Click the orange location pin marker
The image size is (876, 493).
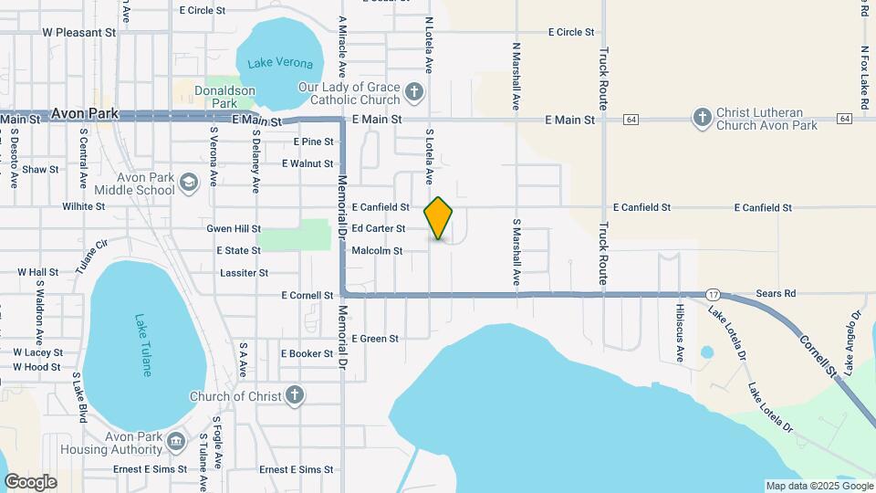point(439,218)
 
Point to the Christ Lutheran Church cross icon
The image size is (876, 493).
point(702,117)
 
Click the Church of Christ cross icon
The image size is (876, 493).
point(294,395)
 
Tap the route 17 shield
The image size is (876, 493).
point(713,294)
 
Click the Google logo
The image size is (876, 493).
point(30,482)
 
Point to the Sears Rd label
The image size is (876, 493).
point(776,294)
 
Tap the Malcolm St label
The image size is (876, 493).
point(377,250)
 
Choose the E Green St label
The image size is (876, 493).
point(375,339)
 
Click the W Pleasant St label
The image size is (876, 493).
point(80,31)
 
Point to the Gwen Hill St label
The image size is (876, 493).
point(234,228)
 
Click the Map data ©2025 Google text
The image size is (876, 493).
point(819,486)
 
